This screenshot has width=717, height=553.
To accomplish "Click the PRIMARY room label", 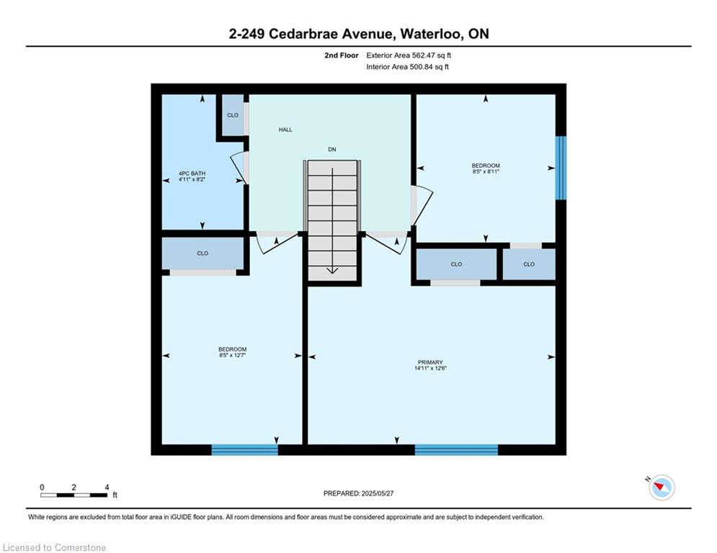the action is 429,362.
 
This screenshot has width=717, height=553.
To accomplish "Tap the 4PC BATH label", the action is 192,174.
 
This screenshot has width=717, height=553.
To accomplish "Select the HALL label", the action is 285,130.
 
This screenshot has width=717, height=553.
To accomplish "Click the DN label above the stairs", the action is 332,150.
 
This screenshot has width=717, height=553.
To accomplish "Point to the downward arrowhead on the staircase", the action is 332,271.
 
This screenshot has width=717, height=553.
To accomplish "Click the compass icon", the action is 662,487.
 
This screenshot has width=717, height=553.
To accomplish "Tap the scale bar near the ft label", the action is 74,495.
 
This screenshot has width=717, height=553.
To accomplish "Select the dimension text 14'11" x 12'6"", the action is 429,368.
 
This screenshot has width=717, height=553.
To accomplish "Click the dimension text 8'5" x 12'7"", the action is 232,355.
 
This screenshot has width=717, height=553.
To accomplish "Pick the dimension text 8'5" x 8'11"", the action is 486,171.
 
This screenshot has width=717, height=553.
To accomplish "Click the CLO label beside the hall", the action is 233,115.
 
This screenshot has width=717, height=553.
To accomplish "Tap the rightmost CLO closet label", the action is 529,264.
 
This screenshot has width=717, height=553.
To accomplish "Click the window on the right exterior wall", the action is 561,168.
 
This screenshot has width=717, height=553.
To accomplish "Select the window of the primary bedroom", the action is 456,450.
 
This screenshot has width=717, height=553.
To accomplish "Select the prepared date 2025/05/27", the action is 378,493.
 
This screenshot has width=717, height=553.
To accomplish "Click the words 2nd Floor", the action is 342,55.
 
